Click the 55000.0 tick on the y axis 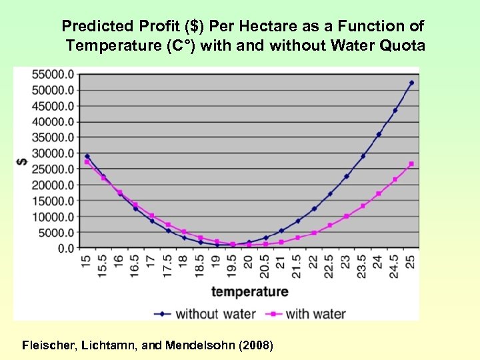[x=55, y=74]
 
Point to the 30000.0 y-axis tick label [x=55, y=153]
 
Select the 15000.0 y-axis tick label [x=55, y=201]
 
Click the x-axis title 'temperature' [x=249, y=292]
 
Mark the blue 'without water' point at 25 [x=411, y=83]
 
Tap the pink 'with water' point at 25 [x=411, y=164]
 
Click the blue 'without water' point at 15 [x=87, y=156]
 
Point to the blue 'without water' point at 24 [x=379, y=134]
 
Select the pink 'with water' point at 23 [x=347, y=216]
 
